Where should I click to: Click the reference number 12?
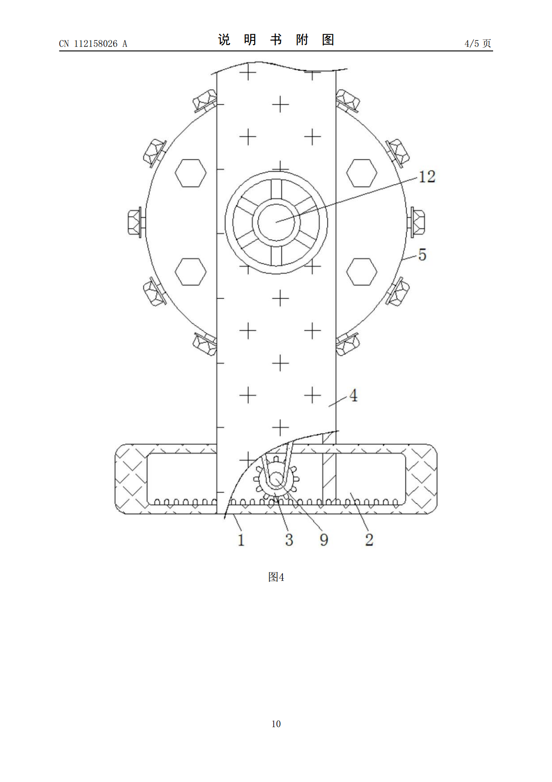click(x=427, y=176)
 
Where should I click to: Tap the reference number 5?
click(x=422, y=254)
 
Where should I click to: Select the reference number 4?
click(x=353, y=396)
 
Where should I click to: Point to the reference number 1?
click(x=241, y=540)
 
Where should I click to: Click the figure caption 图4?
click(x=276, y=587)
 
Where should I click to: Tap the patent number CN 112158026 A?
click(x=93, y=44)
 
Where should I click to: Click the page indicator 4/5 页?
click(x=478, y=43)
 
